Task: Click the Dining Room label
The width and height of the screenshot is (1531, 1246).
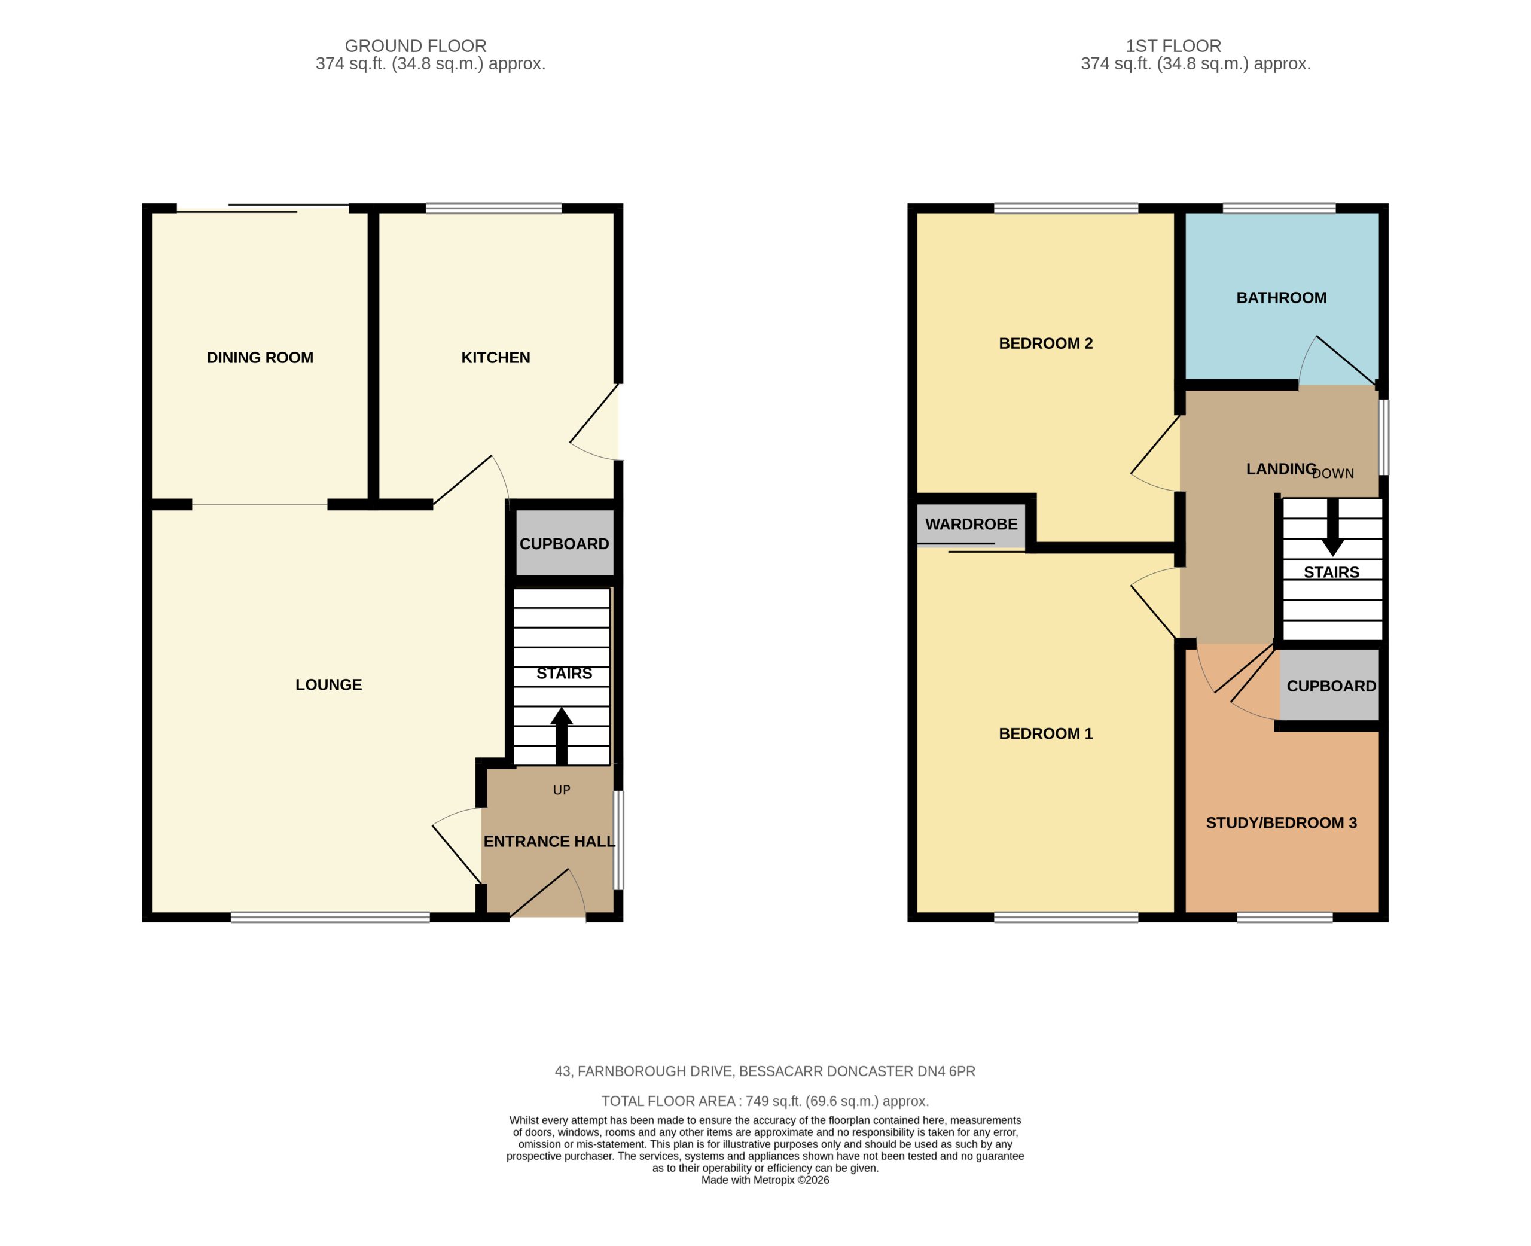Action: click(260, 358)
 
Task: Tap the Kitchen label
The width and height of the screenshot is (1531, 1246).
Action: click(496, 358)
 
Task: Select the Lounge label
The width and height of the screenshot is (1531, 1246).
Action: click(328, 685)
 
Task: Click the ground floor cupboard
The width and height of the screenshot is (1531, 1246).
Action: click(565, 543)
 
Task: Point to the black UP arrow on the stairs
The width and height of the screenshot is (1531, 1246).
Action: click(561, 736)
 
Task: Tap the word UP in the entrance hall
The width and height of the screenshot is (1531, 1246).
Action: click(562, 790)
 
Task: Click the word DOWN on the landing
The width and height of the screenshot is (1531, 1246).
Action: click(1333, 474)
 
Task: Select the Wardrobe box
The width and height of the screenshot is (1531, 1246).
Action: click(971, 525)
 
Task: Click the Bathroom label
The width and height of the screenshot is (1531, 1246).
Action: click(1282, 298)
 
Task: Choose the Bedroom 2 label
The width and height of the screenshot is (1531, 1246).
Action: click(1046, 343)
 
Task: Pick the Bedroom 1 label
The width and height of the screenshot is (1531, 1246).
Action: click(1046, 733)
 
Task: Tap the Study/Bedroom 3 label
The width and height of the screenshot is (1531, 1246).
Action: click(1282, 823)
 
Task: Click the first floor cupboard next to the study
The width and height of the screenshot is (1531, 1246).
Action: click(1330, 685)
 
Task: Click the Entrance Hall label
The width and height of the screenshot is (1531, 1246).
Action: click(550, 841)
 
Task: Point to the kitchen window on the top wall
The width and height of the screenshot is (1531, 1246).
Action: click(493, 209)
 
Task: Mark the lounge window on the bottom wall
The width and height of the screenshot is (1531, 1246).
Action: click(330, 916)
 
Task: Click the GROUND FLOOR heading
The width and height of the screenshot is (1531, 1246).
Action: click(416, 46)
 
